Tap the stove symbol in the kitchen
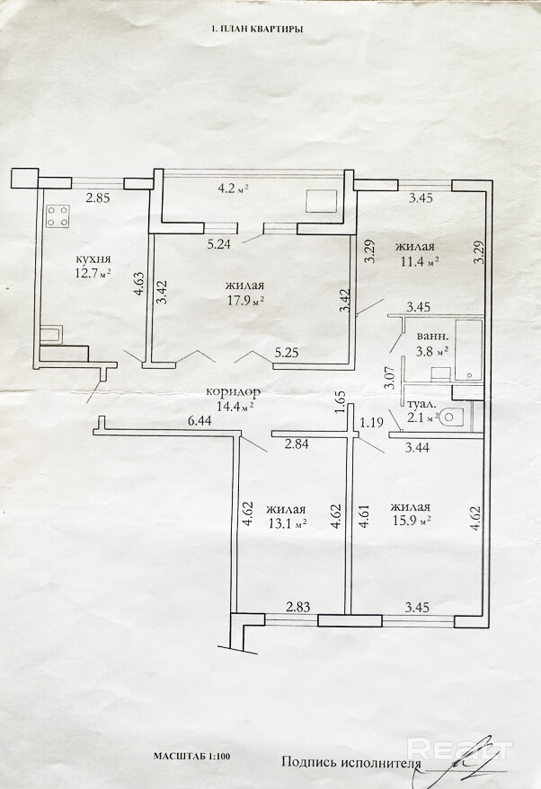pos(58,216)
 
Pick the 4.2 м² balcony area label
pos(233,188)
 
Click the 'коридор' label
pos(234,392)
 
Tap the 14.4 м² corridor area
pos(231,406)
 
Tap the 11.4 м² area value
pos(419,262)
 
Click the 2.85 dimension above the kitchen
pos(97,198)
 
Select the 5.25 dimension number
pos(286,354)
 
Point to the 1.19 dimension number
pos(371,421)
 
